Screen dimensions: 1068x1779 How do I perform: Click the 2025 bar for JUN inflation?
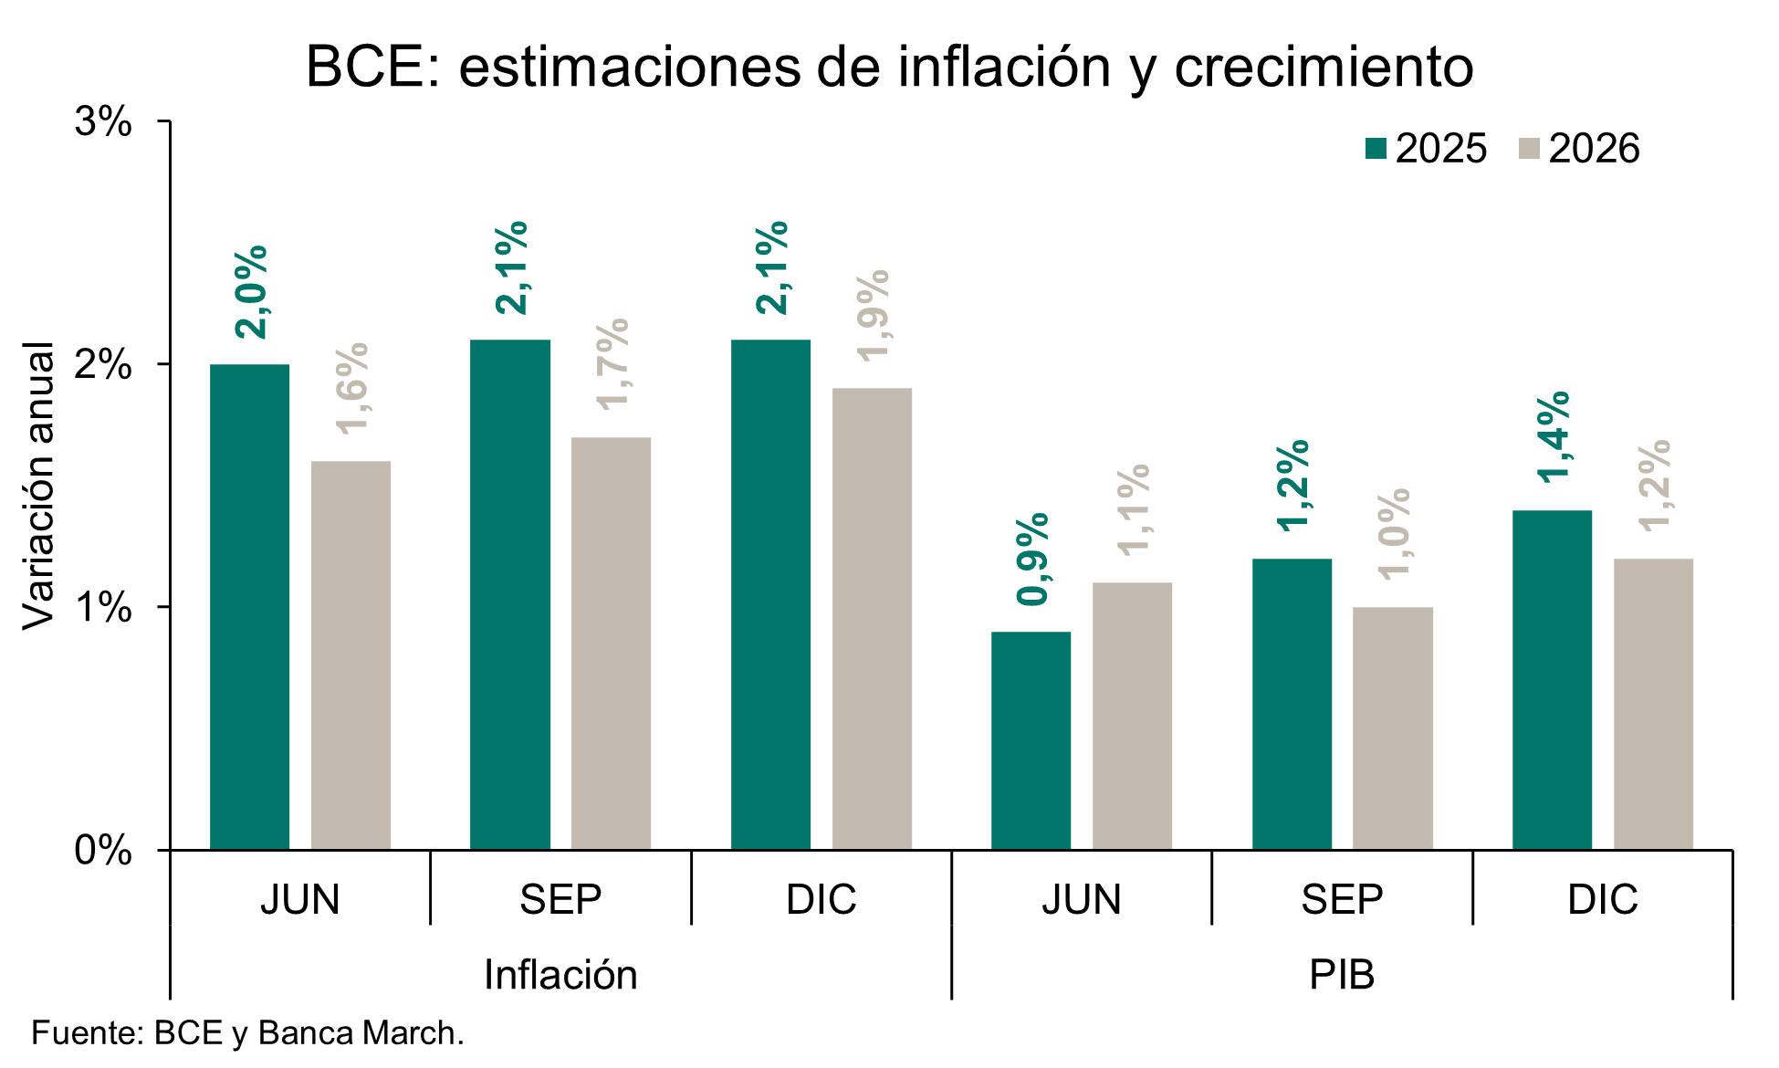(249, 607)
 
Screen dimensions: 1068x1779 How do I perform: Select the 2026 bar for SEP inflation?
(611, 644)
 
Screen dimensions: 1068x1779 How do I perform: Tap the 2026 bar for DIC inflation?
(872, 619)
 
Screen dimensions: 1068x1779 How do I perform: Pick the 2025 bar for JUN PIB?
(1031, 740)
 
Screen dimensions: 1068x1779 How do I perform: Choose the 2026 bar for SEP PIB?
(1392, 728)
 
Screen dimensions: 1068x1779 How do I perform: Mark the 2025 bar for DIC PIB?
(1552, 680)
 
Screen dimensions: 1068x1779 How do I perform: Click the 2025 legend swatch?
(1376, 149)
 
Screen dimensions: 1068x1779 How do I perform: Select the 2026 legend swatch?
(1529, 149)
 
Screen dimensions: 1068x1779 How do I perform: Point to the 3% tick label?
(103, 121)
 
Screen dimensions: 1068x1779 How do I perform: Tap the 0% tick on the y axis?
(103, 850)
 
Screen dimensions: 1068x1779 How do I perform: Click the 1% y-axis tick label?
(103, 607)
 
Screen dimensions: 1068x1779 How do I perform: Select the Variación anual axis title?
(38, 486)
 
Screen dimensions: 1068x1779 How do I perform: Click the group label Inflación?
(560, 975)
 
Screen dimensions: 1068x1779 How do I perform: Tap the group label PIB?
(1342, 975)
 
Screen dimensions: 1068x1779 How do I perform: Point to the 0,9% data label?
(1033, 559)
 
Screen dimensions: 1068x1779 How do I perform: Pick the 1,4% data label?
(1554, 437)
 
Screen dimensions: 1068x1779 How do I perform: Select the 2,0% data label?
(251, 292)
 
